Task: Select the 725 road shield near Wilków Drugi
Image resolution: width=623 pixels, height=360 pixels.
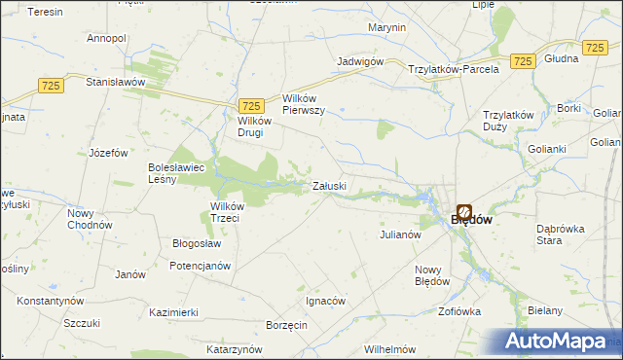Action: (x=251, y=106)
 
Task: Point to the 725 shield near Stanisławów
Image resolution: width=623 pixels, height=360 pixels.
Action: (x=53, y=87)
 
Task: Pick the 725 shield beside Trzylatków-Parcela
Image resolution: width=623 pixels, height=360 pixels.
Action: (x=523, y=61)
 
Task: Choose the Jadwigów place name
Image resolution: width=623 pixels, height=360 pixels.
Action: (x=359, y=60)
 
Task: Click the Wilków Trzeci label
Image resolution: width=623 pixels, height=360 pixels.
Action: (x=232, y=211)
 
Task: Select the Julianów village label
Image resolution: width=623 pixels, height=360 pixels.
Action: (x=399, y=234)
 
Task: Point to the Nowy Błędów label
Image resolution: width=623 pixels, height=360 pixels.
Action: (x=432, y=275)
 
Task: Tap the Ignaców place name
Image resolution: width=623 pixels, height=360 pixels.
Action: (x=326, y=301)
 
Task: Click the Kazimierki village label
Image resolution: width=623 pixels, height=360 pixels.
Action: (x=174, y=312)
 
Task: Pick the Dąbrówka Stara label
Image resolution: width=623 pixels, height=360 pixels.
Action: (x=561, y=234)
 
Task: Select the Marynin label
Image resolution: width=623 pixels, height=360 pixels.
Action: (x=387, y=27)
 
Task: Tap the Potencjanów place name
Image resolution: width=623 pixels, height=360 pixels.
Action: (x=200, y=265)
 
